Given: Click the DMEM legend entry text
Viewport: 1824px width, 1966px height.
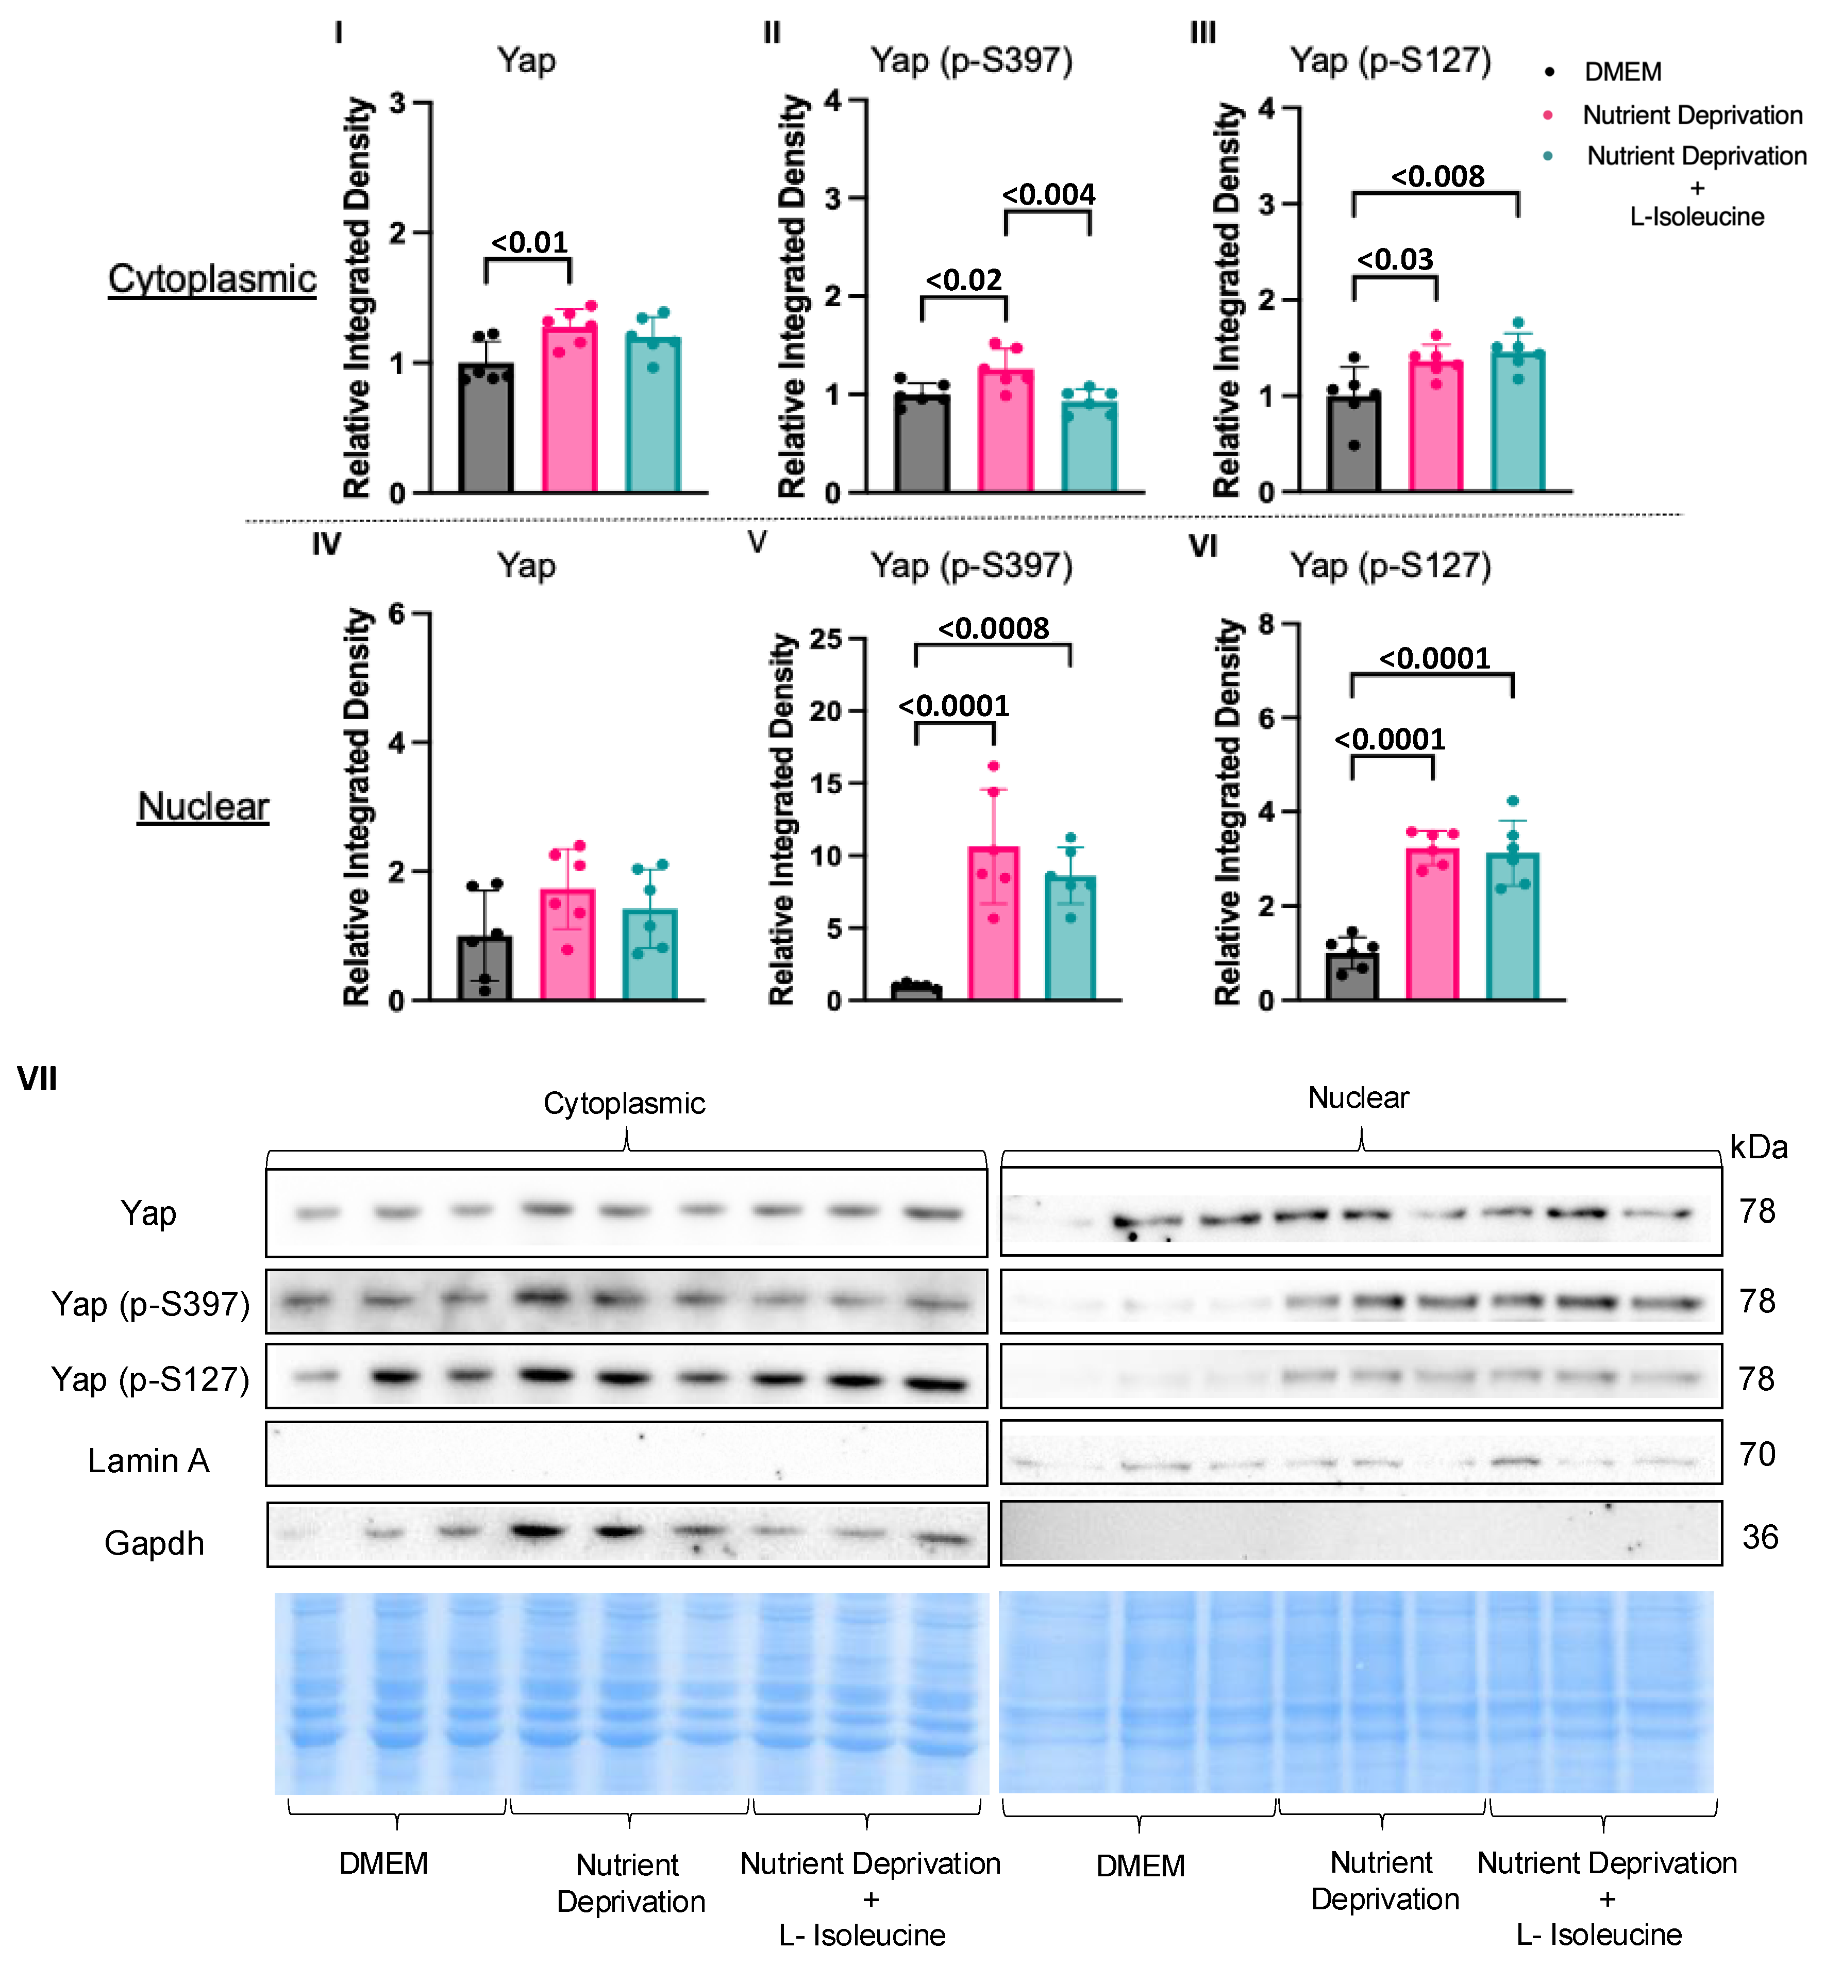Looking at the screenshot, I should tap(1622, 72).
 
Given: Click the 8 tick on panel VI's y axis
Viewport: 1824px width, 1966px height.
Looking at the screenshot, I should tap(1266, 624).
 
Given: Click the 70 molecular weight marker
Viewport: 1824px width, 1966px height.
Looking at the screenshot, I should tap(1757, 1454).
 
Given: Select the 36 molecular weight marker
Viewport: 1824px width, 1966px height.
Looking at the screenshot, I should tap(1760, 1537).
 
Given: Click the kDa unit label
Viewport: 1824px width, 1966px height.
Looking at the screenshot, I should tap(1758, 1147).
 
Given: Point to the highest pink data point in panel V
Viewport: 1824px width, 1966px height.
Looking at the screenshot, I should tap(993, 767).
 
